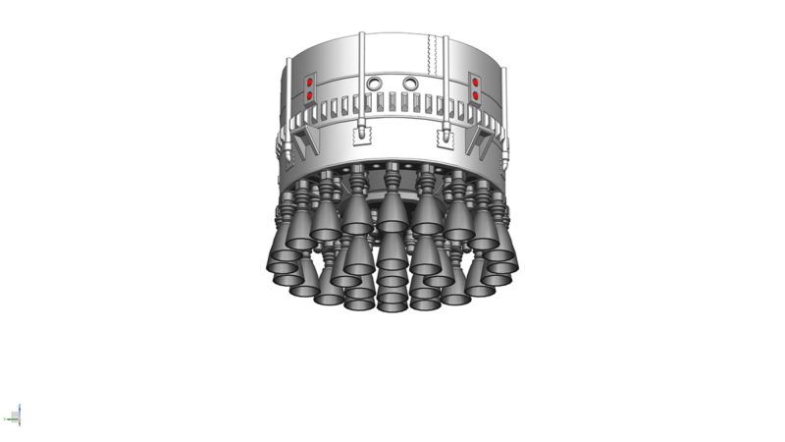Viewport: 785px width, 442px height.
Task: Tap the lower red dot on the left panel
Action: [x=309, y=96]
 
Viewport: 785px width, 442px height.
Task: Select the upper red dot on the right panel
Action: [x=476, y=84]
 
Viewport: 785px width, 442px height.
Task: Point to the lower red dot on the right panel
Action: [x=476, y=96]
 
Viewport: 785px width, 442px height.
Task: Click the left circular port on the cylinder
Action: [x=373, y=83]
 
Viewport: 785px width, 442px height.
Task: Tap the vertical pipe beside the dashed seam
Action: [x=446, y=79]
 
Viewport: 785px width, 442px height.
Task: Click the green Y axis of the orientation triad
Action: [x=11, y=419]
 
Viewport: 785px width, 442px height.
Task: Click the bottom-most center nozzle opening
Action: [x=392, y=301]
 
